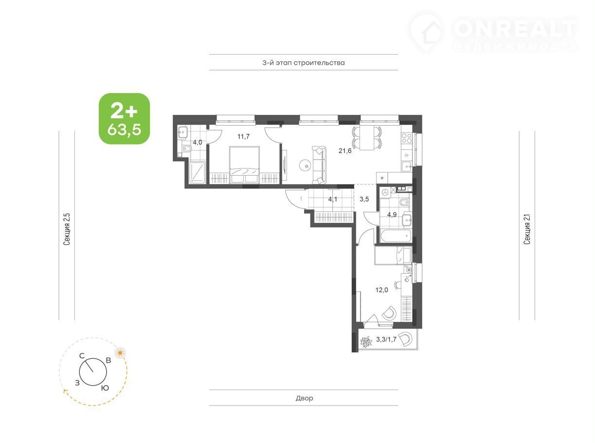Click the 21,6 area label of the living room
[345, 151]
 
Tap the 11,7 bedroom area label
[243, 137]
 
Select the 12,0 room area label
[381, 290]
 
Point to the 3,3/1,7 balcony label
[386, 340]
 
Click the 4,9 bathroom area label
[392, 215]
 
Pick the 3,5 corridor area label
[364, 199]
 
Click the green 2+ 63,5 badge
[125, 119]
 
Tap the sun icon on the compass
[120, 353]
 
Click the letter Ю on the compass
[105, 388]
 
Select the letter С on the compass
[82, 356]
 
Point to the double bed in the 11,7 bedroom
[244, 165]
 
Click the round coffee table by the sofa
[306, 166]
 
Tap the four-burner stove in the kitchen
[407, 138]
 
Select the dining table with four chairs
[367, 139]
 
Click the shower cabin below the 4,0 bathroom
[197, 173]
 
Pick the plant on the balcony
[366, 342]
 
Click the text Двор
[304, 398]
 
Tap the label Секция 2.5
[67, 229]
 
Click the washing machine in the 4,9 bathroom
[385, 192]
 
